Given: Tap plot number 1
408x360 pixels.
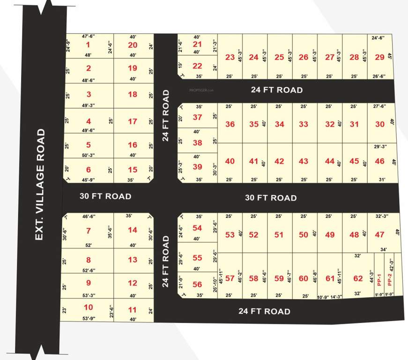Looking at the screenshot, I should click(88, 45).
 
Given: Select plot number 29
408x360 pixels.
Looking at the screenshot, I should click(379, 57).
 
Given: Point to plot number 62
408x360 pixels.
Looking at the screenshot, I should click(358, 278).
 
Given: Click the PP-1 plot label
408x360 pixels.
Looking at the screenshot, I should click(379, 279).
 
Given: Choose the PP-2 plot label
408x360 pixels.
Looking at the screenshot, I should click(389, 279).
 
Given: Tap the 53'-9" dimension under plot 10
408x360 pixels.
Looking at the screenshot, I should click(88, 319).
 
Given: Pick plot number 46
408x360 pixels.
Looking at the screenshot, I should click(379, 161).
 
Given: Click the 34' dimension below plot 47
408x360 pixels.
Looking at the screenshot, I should click(383, 249).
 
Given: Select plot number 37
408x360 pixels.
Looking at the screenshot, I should click(197, 117).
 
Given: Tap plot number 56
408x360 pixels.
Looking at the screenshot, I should click(197, 285).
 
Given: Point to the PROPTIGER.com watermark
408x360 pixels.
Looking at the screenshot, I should click(201, 90).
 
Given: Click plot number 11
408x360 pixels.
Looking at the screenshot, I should click(133, 309).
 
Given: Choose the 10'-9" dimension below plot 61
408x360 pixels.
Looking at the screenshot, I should click(324, 296).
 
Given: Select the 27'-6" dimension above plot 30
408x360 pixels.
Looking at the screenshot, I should click(379, 107).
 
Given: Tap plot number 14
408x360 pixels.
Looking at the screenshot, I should click(133, 230).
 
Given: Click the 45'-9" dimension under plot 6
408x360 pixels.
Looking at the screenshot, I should click(88, 179).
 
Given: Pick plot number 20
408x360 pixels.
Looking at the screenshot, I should click(133, 45).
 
